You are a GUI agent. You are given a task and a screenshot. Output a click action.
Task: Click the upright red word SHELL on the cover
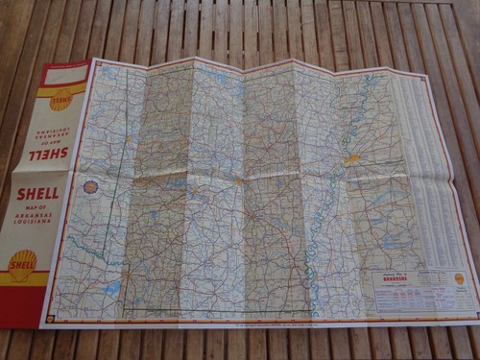(x=37, y=193)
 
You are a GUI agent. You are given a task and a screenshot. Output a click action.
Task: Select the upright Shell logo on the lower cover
(x=22, y=265)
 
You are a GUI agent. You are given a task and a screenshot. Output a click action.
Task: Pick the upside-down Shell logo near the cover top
(x=61, y=99)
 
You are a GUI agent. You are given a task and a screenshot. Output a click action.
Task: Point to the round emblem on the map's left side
(x=91, y=187)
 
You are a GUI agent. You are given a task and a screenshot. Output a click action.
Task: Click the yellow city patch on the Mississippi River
(x=353, y=159)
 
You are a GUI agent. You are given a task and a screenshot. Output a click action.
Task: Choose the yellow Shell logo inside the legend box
(x=459, y=278)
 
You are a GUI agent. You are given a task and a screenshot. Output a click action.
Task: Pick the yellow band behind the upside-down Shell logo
(x=62, y=100)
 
